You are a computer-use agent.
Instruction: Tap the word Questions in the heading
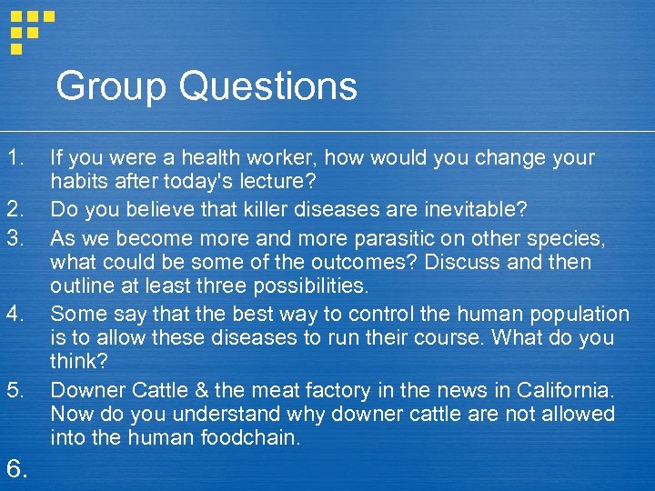point(268,87)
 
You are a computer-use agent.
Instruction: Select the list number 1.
point(14,157)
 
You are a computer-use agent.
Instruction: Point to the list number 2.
point(14,210)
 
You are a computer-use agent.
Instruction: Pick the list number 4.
point(14,314)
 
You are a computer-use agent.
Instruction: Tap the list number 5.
point(14,390)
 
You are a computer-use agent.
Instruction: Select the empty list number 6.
point(16,468)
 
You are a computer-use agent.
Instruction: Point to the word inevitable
point(476,210)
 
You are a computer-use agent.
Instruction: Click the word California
point(565,390)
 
